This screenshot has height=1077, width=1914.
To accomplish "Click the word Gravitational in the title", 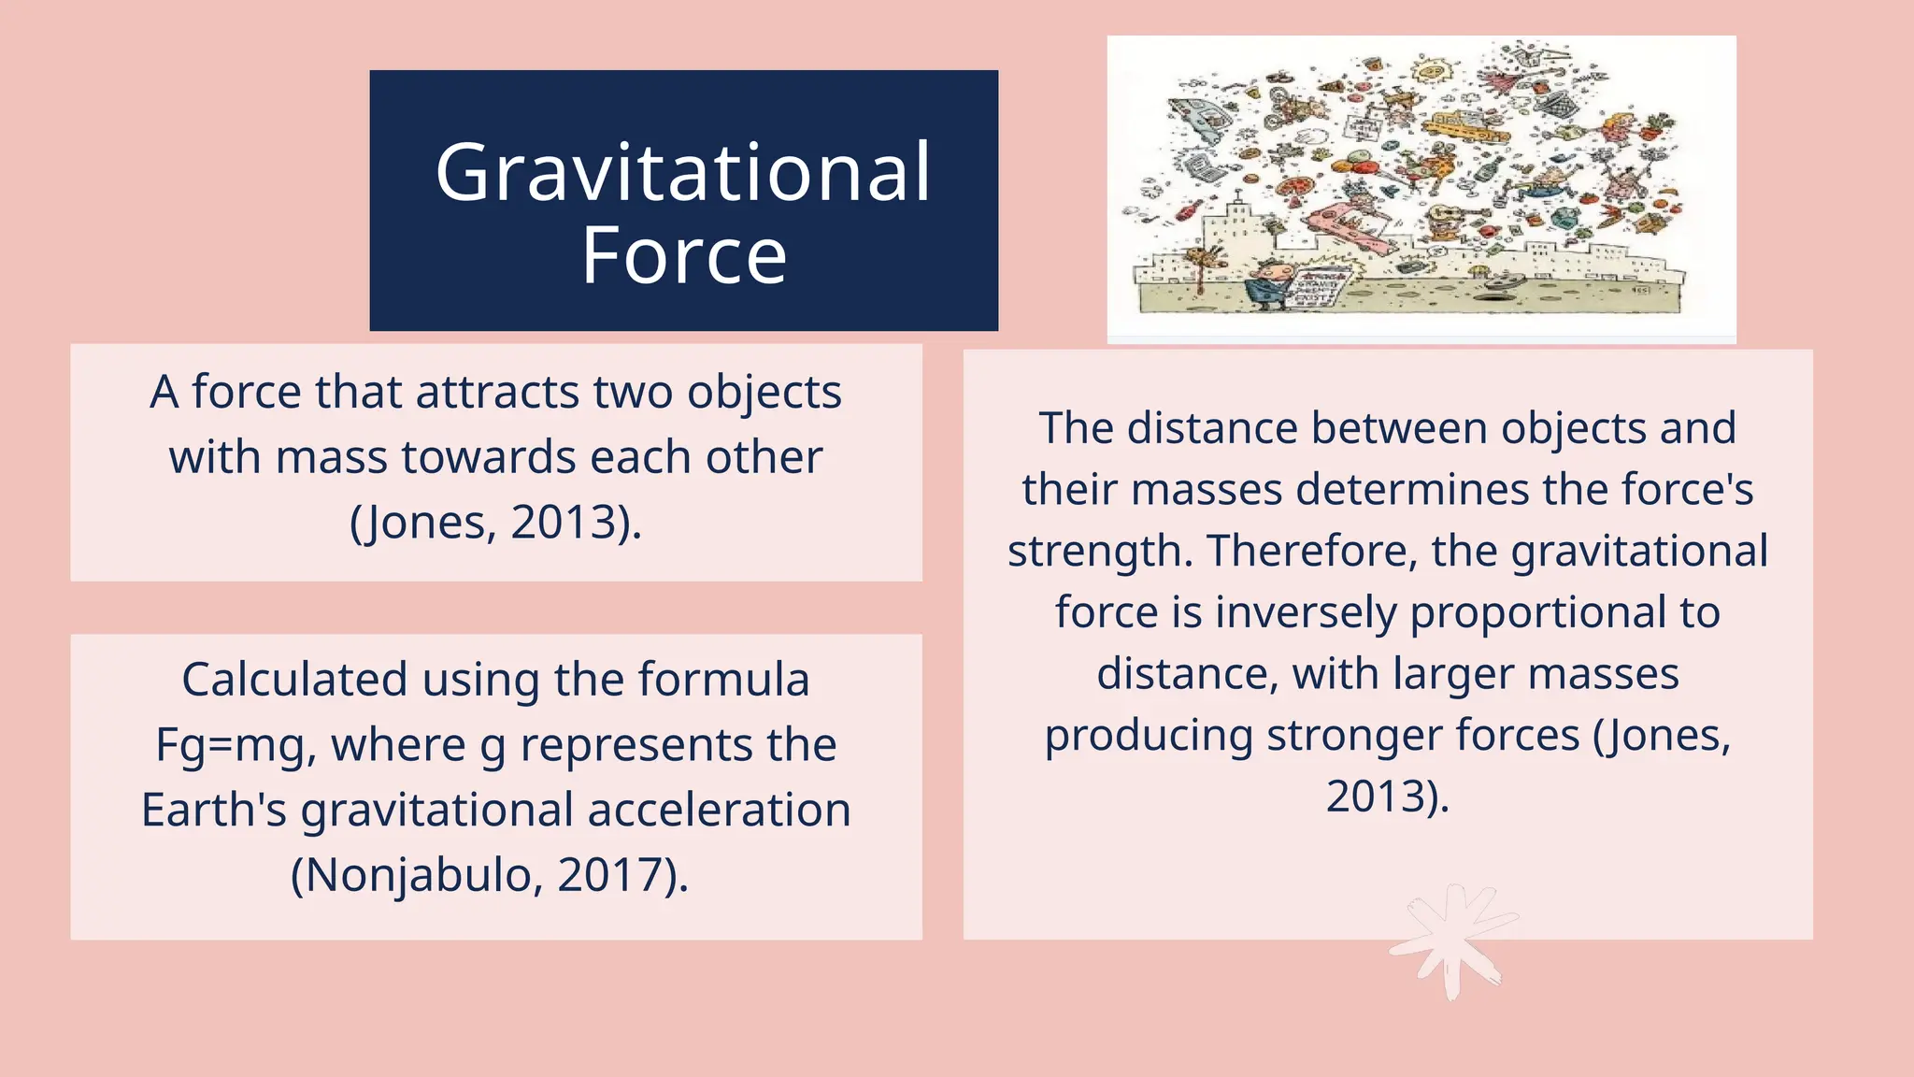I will [x=683, y=173].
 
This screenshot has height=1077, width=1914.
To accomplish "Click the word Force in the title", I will [x=683, y=255].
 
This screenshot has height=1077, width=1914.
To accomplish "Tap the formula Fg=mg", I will [x=228, y=745].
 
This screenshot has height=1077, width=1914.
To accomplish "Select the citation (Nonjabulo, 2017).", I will [x=490, y=875].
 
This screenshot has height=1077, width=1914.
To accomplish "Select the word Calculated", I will [x=293, y=680].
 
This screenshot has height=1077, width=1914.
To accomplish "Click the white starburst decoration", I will [x=1450, y=941].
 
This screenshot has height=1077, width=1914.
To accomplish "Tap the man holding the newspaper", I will [x=1271, y=285].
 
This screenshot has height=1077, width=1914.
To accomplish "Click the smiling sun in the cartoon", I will [x=1429, y=70].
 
